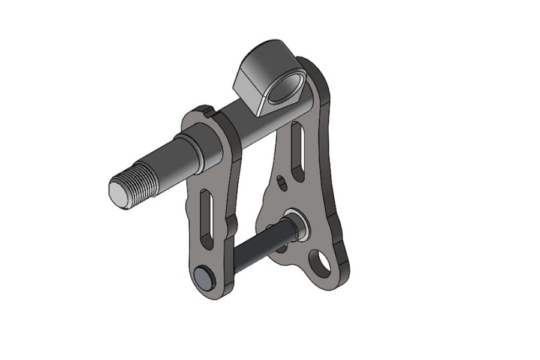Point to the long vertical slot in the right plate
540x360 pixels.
(297, 145)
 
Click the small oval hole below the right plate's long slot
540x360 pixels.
(283, 182)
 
